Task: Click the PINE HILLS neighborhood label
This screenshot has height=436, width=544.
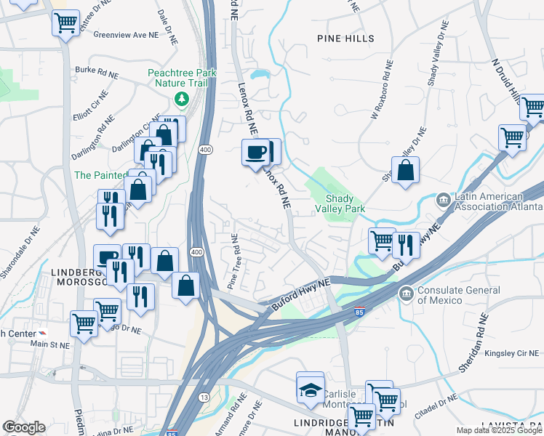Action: (x=345, y=38)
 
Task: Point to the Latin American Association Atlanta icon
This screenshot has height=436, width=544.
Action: (x=442, y=199)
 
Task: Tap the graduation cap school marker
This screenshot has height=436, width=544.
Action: (x=310, y=389)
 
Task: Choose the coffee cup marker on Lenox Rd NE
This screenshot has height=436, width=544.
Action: (x=256, y=153)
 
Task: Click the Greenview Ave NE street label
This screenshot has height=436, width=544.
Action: (x=126, y=34)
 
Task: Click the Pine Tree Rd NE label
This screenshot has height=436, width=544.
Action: (x=233, y=262)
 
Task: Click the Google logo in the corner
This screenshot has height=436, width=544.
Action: (x=24, y=427)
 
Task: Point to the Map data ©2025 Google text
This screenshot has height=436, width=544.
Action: (x=499, y=430)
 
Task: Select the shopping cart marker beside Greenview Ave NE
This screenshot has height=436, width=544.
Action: (x=65, y=24)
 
